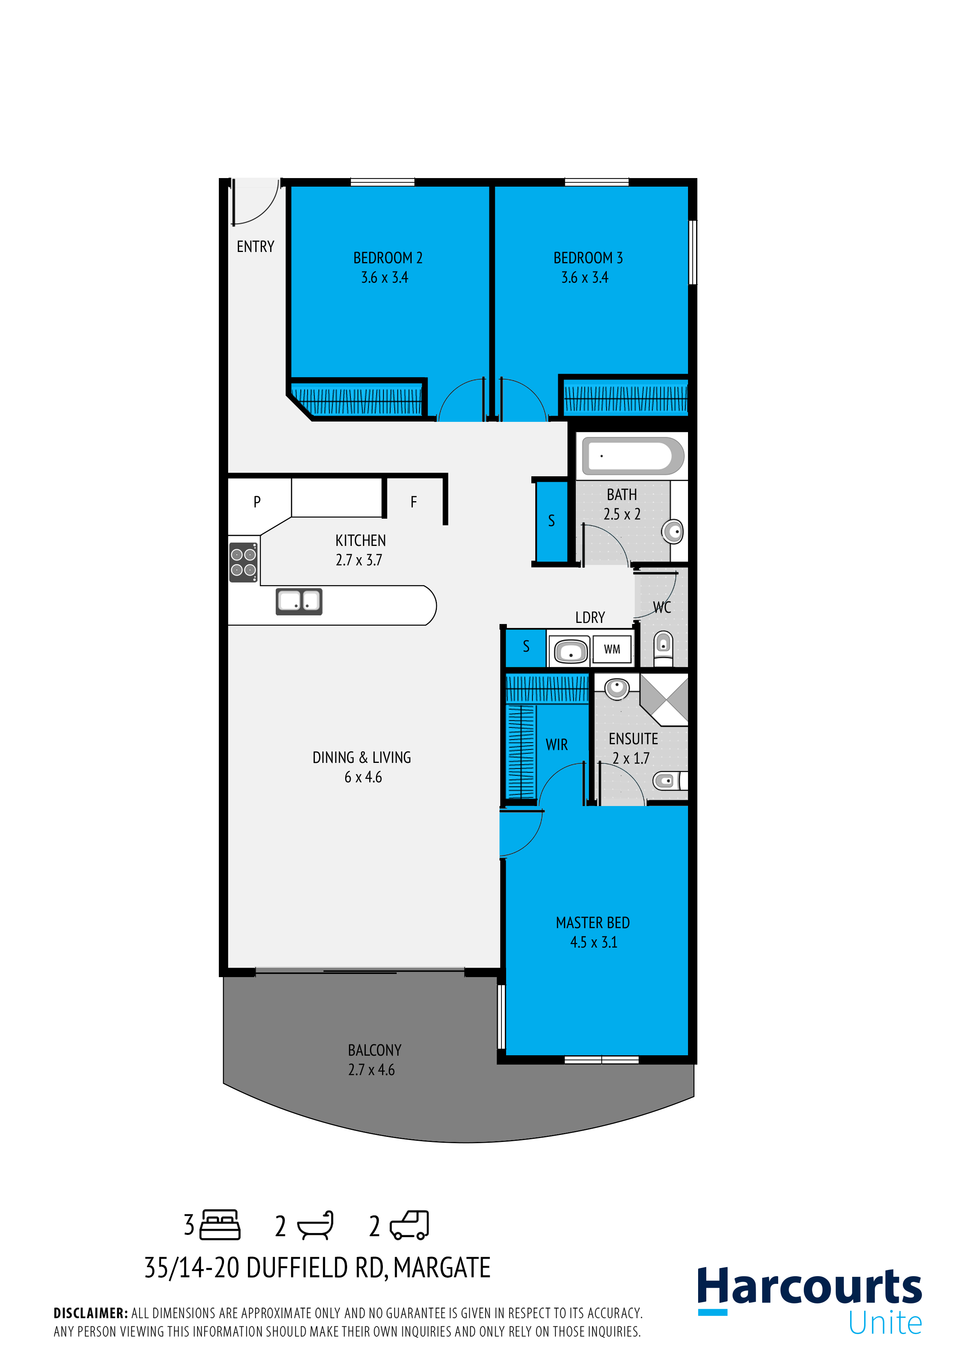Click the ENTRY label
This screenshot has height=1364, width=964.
255,247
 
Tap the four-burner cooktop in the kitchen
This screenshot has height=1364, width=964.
243,562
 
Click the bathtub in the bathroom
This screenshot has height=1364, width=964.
632,456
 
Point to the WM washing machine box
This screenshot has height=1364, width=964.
612,649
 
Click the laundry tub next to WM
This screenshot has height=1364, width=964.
570,651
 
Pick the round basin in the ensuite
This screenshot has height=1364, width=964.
616,688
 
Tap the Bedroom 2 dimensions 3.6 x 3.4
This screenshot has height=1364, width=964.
384,278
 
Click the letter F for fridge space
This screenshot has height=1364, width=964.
414,502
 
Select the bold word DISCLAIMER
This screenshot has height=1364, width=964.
90,1313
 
